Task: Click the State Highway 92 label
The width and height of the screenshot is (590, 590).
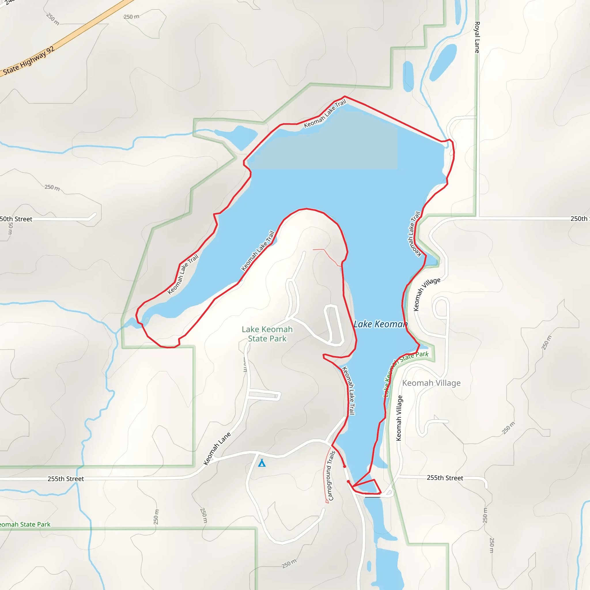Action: pyautogui.click(x=29, y=61)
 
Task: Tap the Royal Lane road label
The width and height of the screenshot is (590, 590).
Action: pyautogui.click(x=477, y=37)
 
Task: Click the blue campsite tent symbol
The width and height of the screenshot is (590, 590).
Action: pyautogui.click(x=262, y=463)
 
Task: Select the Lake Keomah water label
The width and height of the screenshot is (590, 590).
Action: pyautogui.click(x=381, y=324)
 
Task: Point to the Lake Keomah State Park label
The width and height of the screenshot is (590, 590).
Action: pyautogui.click(x=267, y=334)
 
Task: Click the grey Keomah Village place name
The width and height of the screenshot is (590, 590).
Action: pyautogui.click(x=431, y=383)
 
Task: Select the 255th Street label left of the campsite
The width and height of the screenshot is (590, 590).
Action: pyautogui.click(x=66, y=479)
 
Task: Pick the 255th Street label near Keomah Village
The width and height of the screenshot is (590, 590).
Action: pyautogui.click(x=445, y=478)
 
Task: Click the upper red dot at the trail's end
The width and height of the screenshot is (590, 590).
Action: pyautogui.click(x=345, y=467)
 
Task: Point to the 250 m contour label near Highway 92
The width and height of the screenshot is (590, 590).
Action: pyautogui.click(x=131, y=16)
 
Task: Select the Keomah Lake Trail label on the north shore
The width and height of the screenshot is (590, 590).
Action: pyautogui.click(x=325, y=114)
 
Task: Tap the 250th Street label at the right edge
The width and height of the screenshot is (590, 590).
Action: pyautogui.click(x=580, y=219)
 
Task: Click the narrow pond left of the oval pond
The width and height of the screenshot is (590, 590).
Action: pyautogui.click(x=408, y=76)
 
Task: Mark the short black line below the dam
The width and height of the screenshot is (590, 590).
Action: pyautogui.click(x=372, y=497)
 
